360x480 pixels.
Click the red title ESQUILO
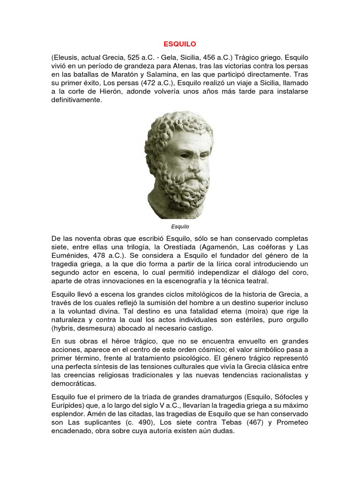pos(180,44)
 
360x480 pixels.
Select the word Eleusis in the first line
pos(67,57)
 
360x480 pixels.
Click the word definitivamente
pos(76,100)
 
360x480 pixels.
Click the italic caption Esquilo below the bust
pos(180,226)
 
